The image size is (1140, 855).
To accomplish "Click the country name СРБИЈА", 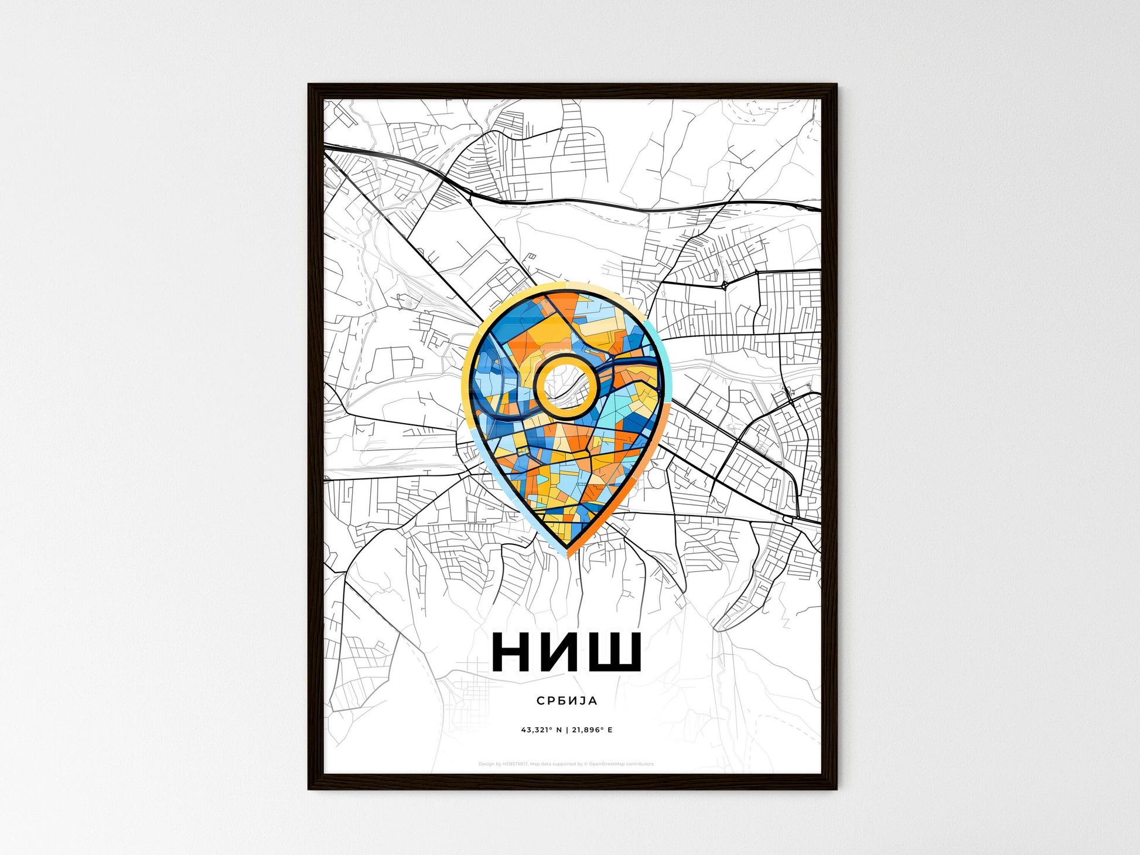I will [x=566, y=700].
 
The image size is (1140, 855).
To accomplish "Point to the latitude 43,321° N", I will [x=541, y=730].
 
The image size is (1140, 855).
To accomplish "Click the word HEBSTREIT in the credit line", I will [x=515, y=764].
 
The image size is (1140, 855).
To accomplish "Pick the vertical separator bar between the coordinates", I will [x=566, y=730].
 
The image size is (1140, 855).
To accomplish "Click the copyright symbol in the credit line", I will [x=585, y=764].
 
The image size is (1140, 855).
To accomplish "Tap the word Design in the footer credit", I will [x=486, y=764].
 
